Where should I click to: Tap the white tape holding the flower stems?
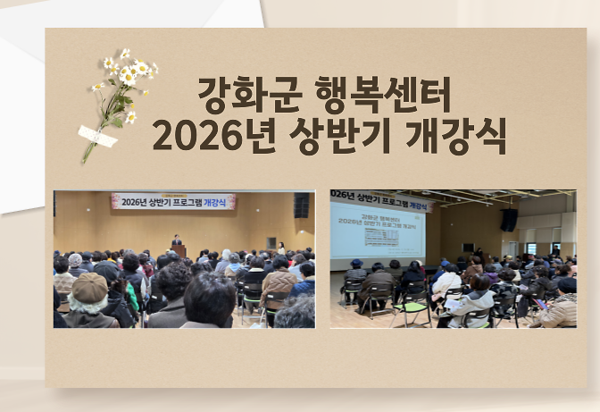pos(97,136)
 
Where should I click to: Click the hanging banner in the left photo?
pos(173,202)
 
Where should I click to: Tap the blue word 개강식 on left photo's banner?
pos(219,202)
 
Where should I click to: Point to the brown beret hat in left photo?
pos(89,287)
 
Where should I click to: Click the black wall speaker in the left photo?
pos(301,206)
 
